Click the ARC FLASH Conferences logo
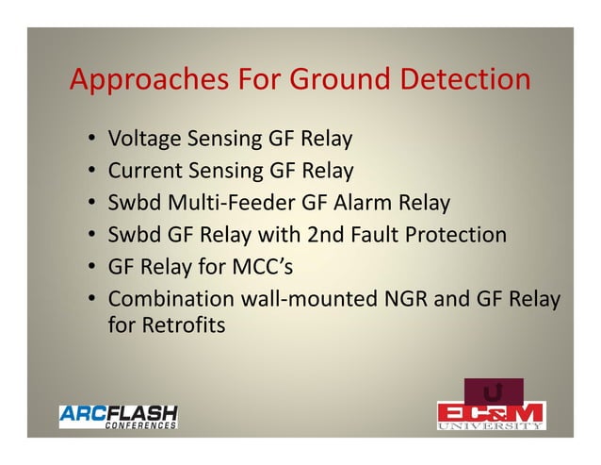(119, 416)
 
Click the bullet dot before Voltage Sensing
(90, 141)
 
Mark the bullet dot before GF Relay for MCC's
(90, 268)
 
